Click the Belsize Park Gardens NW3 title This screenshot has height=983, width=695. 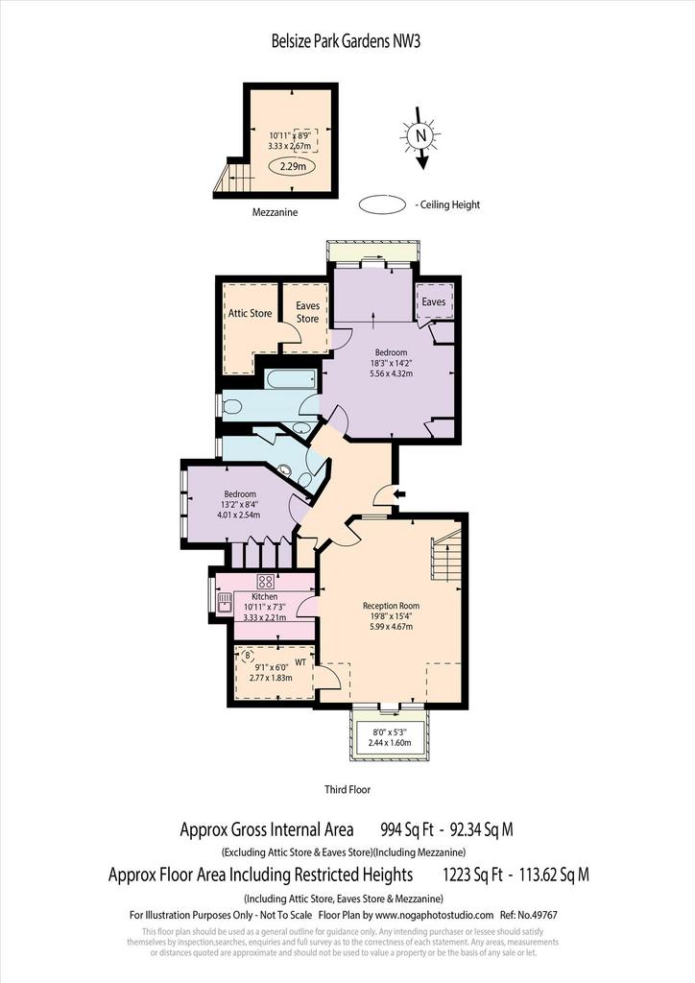346,41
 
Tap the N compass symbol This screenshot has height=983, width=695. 421,135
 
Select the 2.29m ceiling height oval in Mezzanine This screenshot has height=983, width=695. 292,167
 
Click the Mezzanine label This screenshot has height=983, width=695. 275,212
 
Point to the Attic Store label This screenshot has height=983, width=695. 250,313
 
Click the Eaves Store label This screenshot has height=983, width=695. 307,312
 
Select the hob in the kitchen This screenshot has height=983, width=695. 265,581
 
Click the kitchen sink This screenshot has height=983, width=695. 225,603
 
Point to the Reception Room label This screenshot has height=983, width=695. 391,606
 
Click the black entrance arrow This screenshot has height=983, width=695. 398,494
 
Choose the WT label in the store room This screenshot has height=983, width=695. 300,662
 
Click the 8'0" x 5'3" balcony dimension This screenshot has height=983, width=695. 390,731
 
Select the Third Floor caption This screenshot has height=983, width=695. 347,789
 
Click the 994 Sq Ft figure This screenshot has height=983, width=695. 407,829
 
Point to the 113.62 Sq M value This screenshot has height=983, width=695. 553,874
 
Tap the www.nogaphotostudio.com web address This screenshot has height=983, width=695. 434,915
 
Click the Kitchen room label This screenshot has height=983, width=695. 264,597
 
